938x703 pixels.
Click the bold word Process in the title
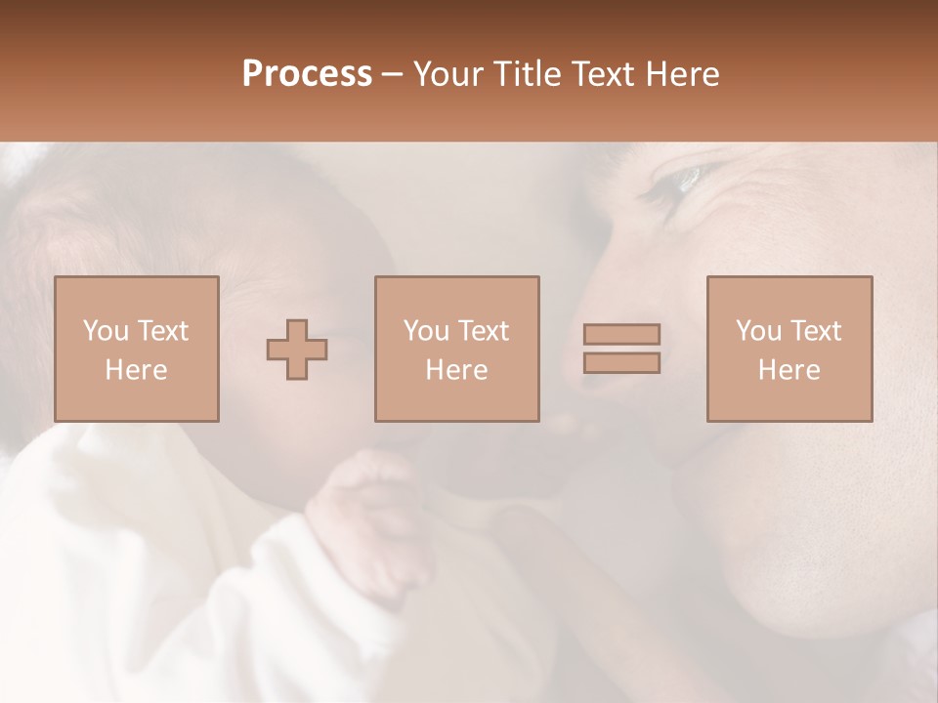pyautogui.click(x=307, y=74)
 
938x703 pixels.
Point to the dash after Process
pyautogui.click(x=393, y=75)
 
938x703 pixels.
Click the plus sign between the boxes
pyautogui.click(x=297, y=349)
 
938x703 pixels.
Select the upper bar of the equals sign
pyautogui.click(x=621, y=334)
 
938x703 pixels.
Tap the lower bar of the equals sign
pyautogui.click(x=621, y=362)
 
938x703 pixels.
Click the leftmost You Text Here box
pyautogui.click(x=137, y=349)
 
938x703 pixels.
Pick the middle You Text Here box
pyautogui.click(x=457, y=349)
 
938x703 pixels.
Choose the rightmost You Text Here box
pyautogui.click(x=789, y=349)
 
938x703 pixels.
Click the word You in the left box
pyautogui.click(x=105, y=331)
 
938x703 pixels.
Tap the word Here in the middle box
pyautogui.click(x=457, y=370)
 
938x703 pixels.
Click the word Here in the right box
pyautogui.click(x=789, y=370)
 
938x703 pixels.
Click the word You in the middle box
pyautogui.click(x=425, y=331)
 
